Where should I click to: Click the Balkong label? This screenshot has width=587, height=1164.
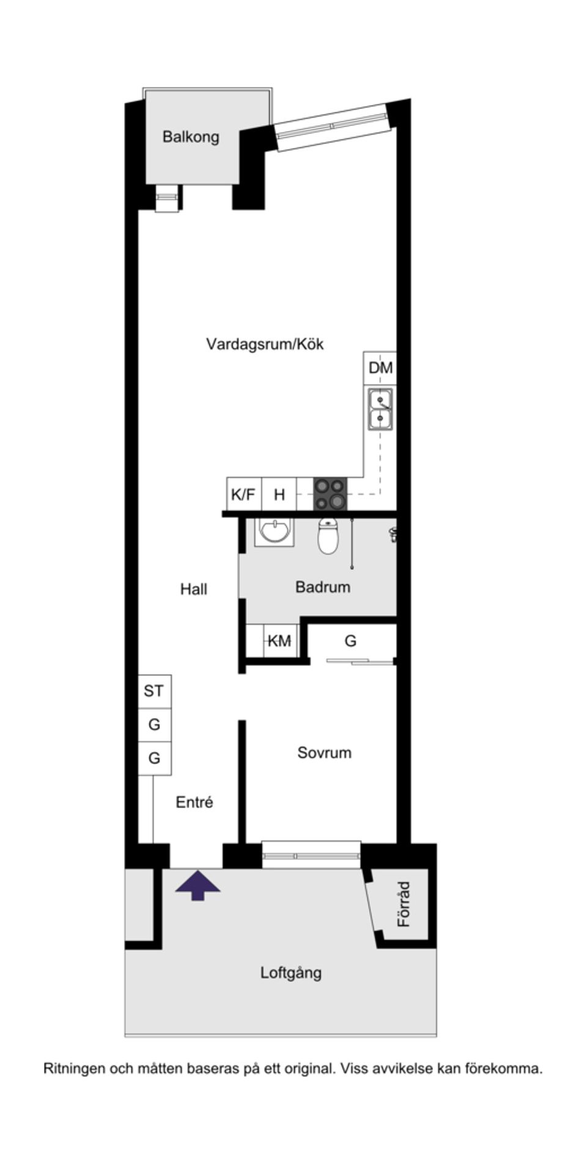click(191, 136)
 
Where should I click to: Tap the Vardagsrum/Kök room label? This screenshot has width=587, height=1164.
click(264, 344)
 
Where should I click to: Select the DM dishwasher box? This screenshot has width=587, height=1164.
click(380, 368)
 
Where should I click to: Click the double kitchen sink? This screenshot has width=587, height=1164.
click(380, 410)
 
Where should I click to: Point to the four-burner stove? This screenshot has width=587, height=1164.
click(330, 494)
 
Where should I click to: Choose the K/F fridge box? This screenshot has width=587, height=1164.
click(243, 494)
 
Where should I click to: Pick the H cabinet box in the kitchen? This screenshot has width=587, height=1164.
click(279, 494)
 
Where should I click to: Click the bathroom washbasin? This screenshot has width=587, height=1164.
click(275, 531)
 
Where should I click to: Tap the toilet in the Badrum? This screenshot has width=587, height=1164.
click(328, 536)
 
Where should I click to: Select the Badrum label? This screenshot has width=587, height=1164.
click(323, 587)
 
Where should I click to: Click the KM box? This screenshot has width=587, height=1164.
click(279, 641)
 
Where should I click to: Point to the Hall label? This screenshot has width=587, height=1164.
click(194, 589)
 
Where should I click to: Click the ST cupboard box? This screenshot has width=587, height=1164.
click(154, 691)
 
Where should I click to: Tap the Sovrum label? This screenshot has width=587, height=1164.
click(324, 752)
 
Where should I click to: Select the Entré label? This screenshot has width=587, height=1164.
click(194, 802)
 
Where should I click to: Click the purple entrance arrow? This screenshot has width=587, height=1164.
click(198, 886)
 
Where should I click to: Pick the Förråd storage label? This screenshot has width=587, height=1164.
click(404, 904)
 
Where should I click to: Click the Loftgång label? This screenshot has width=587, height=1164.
click(291, 973)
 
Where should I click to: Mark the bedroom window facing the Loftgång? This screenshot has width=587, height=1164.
click(311, 855)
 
